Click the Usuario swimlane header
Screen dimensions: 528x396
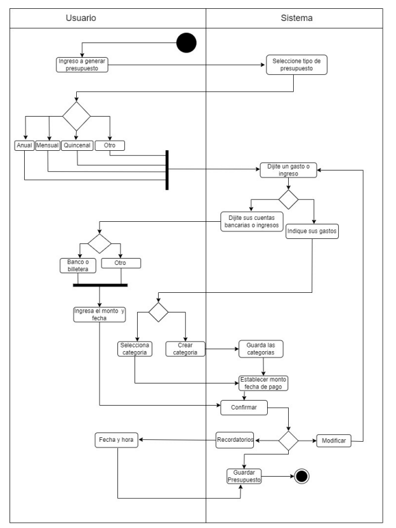point(81,18)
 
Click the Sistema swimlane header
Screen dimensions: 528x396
point(296,18)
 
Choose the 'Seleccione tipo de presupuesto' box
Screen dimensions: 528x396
point(296,65)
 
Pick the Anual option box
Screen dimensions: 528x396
point(23,145)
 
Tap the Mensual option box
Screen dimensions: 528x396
point(48,145)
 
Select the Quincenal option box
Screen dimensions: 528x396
point(77,145)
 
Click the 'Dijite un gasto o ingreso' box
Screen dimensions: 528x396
point(288,170)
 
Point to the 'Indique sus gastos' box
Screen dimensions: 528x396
point(312,231)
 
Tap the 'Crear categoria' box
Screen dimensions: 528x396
point(185,349)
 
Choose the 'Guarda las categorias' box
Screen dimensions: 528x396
point(260,349)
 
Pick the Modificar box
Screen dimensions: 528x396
point(333,441)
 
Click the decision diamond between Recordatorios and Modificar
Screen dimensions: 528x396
point(289,439)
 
